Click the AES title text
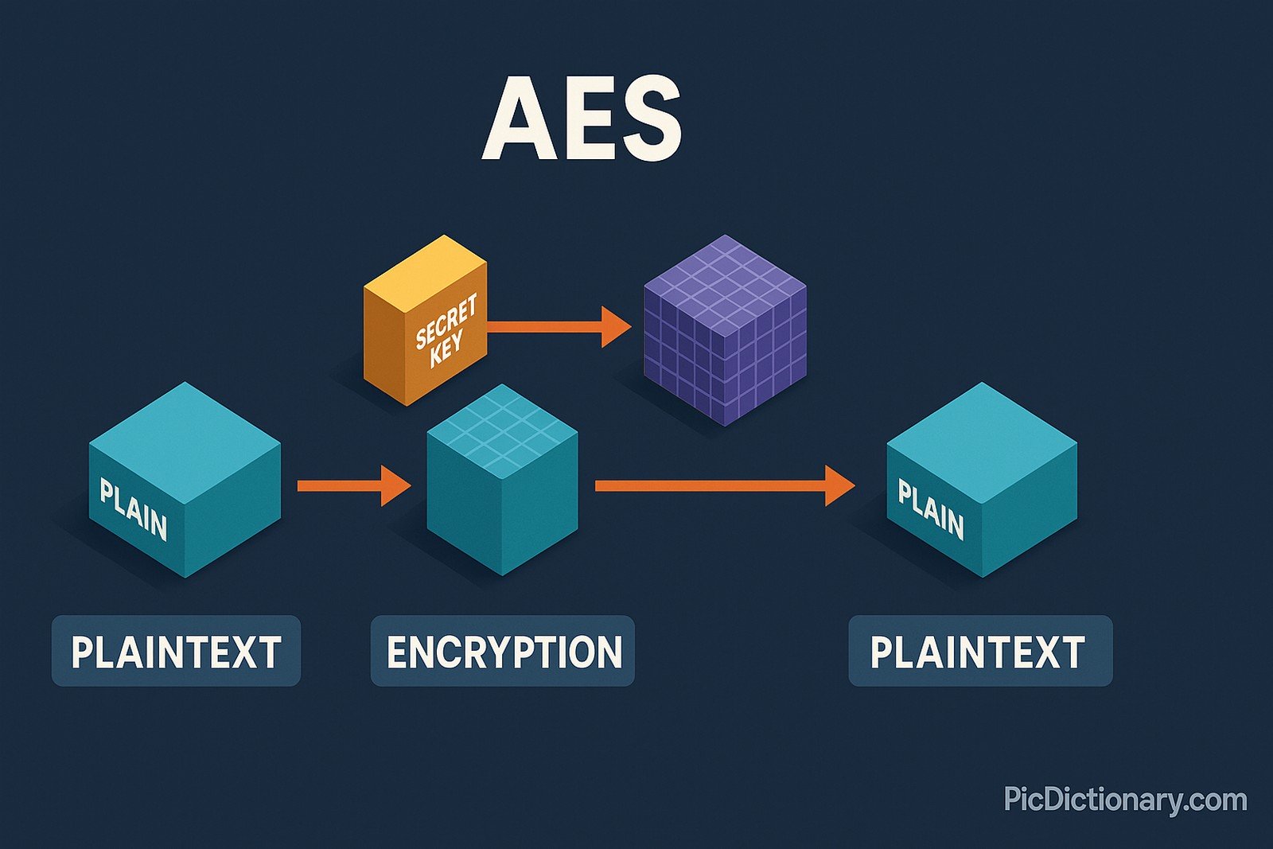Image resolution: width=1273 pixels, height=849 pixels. tap(582, 119)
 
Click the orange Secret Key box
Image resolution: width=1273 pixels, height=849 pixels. tap(425, 322)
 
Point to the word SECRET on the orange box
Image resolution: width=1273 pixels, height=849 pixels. tap(446, 321)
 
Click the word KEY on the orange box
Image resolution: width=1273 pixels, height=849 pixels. tap(446, 349)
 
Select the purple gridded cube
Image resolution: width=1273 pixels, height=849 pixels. tap(724, 330)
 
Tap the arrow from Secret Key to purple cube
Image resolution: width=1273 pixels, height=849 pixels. tap(557, 326)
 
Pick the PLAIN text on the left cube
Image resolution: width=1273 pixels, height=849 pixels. tap(133, 509)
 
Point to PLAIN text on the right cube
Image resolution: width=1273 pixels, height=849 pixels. tap(930, 509)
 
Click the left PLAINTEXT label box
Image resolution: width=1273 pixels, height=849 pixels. tap(176, 651)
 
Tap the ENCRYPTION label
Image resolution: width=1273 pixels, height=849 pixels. tap(503, 651)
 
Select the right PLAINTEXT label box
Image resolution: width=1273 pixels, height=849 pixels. tap(979, 651)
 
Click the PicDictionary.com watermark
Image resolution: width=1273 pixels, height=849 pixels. tap(1125, 799)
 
